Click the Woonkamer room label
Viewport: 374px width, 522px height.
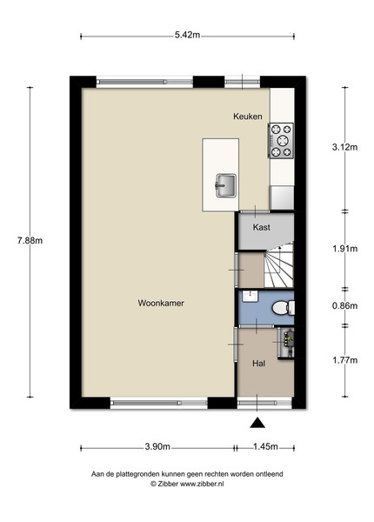[x=161, y=303]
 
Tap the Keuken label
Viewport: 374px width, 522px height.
[x=248, y=117]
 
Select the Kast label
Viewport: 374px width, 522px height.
[x=261, y=227]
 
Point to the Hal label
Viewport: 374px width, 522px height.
[x=258, y=363]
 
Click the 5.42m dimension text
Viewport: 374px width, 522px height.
[x=187, y=35]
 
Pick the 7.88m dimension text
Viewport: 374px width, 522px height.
[x=30, y=240]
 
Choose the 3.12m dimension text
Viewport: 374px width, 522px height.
[x=344, y=147]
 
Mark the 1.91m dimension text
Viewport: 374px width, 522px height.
[x=344, y=248]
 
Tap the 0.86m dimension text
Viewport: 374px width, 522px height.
[x=344, y=305]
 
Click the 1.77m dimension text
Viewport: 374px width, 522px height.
[x=344, y=360]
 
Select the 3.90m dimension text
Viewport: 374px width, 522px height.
[x=157, y=446]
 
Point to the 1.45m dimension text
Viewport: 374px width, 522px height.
[x=265, y=446]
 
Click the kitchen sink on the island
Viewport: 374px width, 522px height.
[x=226, y=185]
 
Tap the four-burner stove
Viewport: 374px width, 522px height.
[x=281, y=140]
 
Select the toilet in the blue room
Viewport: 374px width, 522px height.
[x=284, y=308]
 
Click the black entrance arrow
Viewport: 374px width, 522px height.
[x=257, y=423]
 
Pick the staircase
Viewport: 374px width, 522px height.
[x=279, y=265]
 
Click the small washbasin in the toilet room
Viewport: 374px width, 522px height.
[x=250, y=297]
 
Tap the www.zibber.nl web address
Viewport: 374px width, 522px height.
[x=202, y=484]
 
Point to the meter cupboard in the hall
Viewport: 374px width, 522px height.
[x=286, y=343]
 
